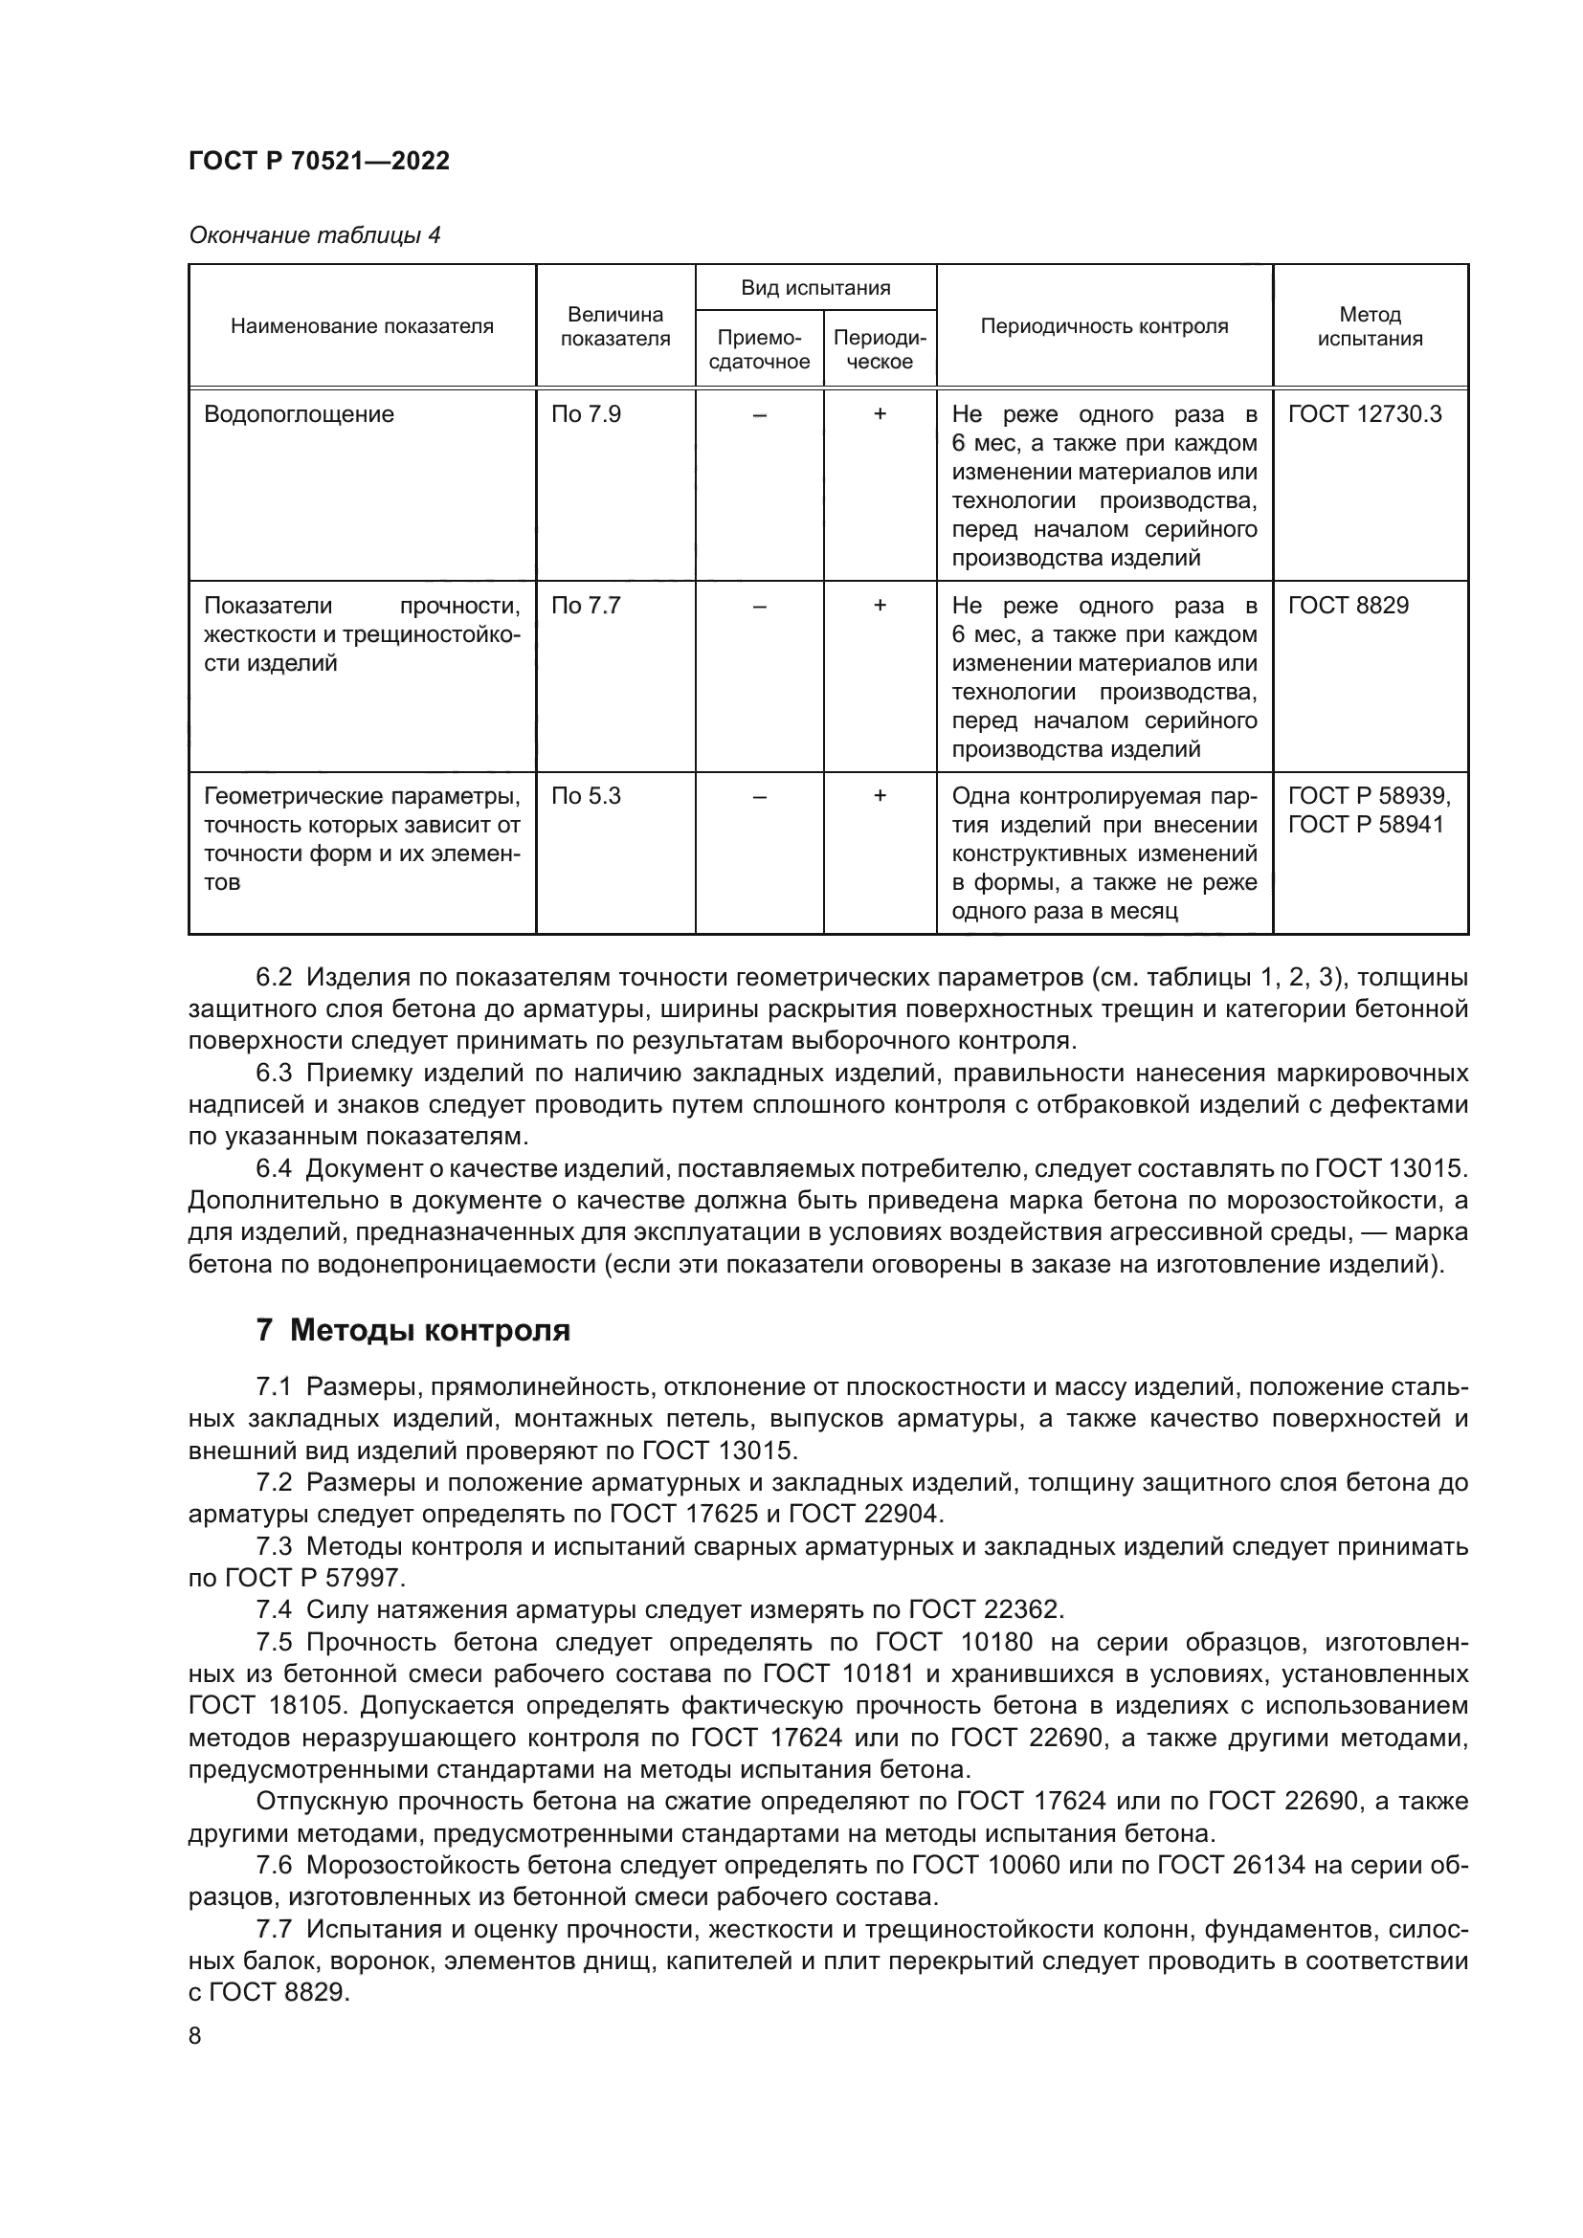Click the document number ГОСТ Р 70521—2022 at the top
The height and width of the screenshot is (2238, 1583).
[x=319, y=161]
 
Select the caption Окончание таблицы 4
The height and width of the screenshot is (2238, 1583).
[x=314, y=235]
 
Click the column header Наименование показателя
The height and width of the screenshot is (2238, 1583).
[x=362, y=326]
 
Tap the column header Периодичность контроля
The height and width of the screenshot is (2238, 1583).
[x=1104, y=326]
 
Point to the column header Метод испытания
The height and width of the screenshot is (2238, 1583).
[x=1370, y=326]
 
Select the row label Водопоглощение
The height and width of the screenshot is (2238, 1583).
[x=300, y=414]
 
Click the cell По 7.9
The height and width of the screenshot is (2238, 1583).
[x=586, y=414]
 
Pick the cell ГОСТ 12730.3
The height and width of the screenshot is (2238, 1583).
[x=1364, y=414]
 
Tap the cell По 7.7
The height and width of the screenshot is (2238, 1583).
[x=586, y=606]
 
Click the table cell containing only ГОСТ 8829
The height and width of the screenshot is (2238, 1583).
[x=1349, y=606]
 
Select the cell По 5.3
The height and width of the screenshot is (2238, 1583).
[x=586, y=796]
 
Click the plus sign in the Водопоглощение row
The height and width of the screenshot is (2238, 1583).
[x=880, y=414]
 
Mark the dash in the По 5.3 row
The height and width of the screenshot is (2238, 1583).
[x=759, y=796]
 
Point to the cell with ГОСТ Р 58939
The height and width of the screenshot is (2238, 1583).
[x=1369, y=796]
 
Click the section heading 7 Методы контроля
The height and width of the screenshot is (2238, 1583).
[x=413, y=1330]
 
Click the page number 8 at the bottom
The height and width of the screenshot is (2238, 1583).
[x=195, y=2036]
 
